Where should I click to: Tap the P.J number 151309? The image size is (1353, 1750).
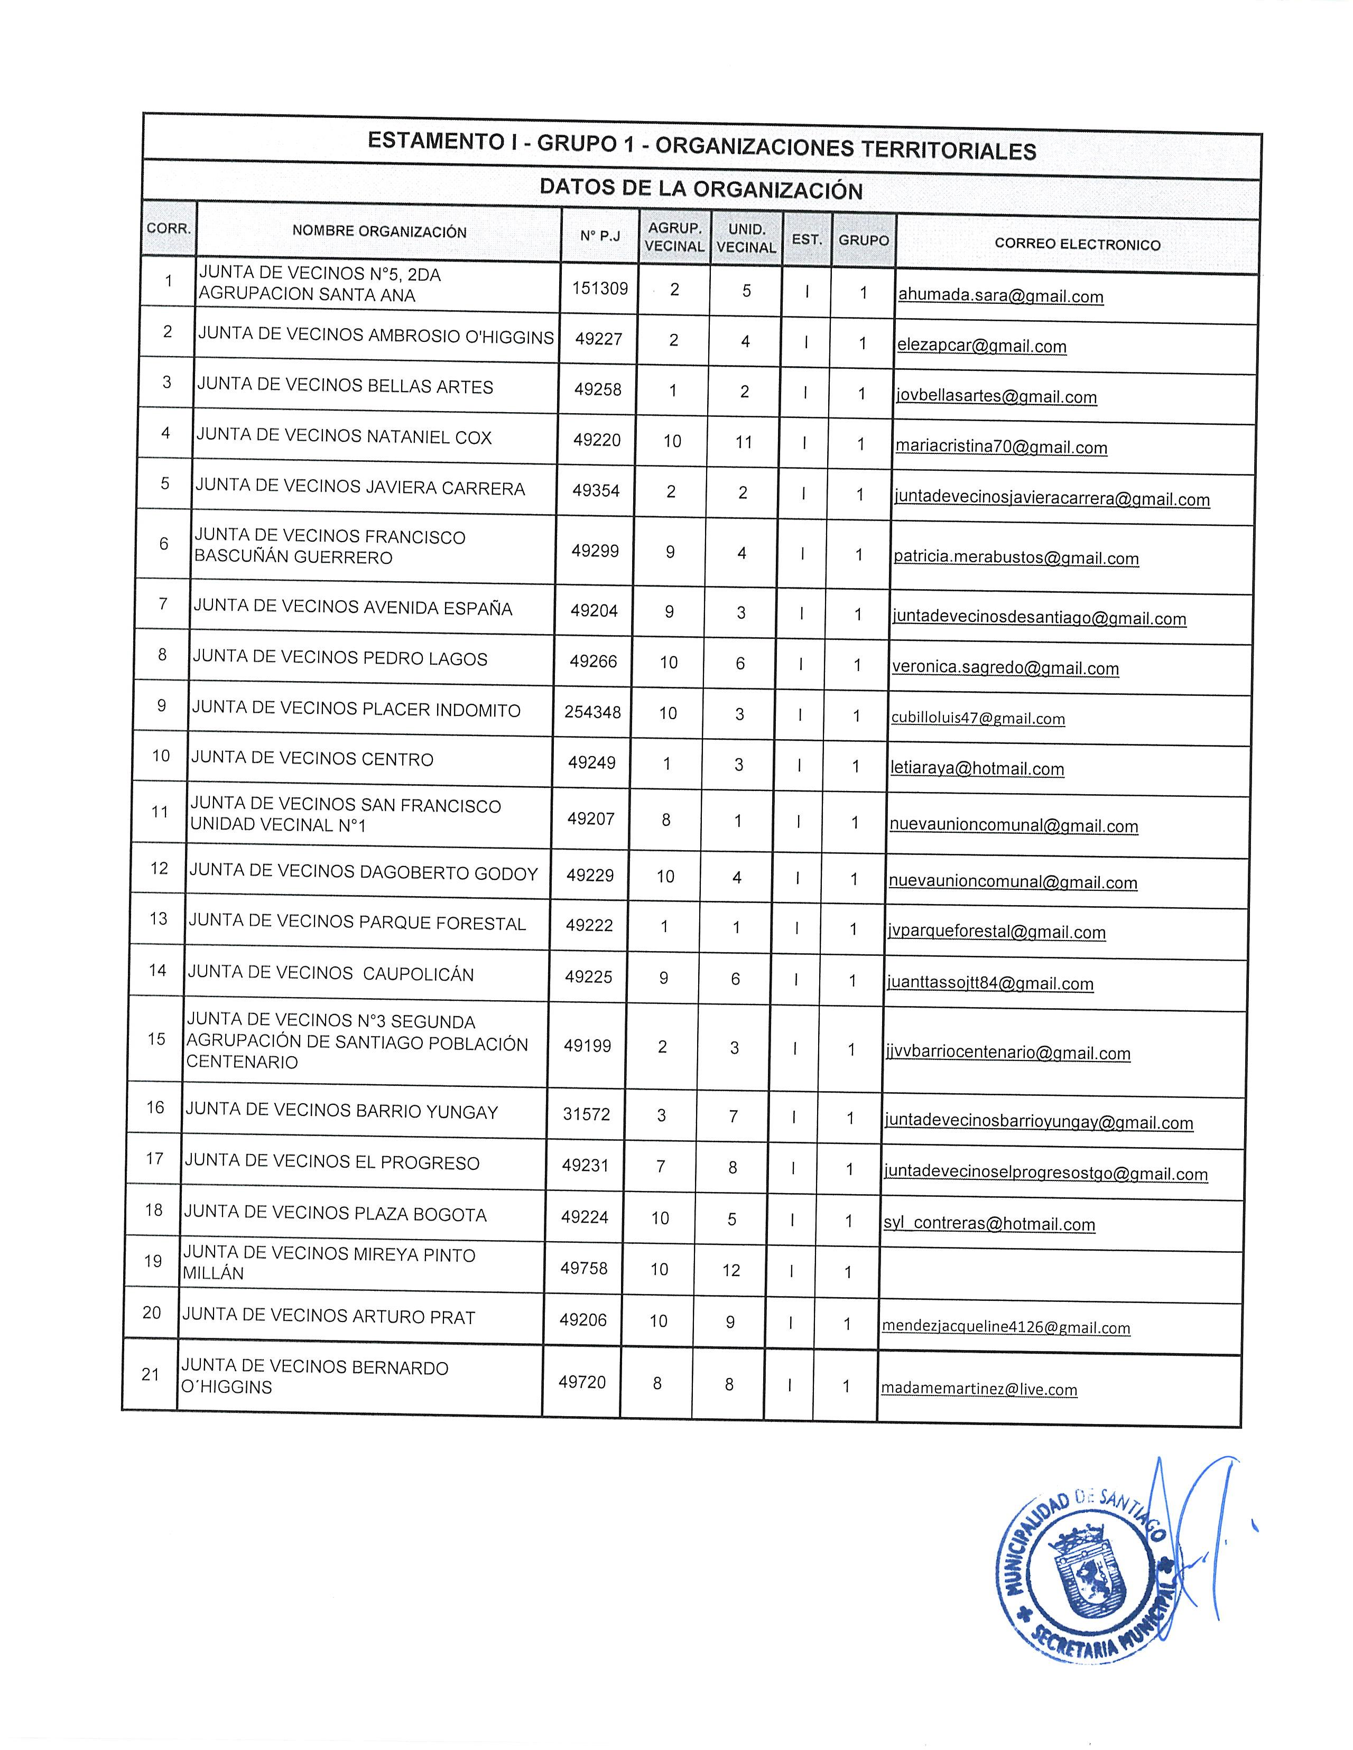tap(599, 288)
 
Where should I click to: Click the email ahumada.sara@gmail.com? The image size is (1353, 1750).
tap(1000, 296)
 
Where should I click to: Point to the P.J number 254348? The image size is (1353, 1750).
tap(592, 712)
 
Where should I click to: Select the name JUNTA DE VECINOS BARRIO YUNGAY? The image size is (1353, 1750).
tap(341, 1111)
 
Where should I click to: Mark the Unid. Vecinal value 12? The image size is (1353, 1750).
tap(731, 1270)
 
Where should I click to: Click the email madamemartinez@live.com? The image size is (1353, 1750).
tap(979, 1389)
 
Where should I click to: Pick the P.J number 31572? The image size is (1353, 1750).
tap(586, 1114)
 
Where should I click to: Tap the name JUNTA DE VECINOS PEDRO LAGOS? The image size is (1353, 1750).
tap(340, 659)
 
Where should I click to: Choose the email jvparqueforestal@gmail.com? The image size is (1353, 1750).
tap(996, 932)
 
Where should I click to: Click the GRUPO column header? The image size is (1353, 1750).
tap(863, 240)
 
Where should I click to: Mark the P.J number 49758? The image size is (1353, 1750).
tap(583, 1269)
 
